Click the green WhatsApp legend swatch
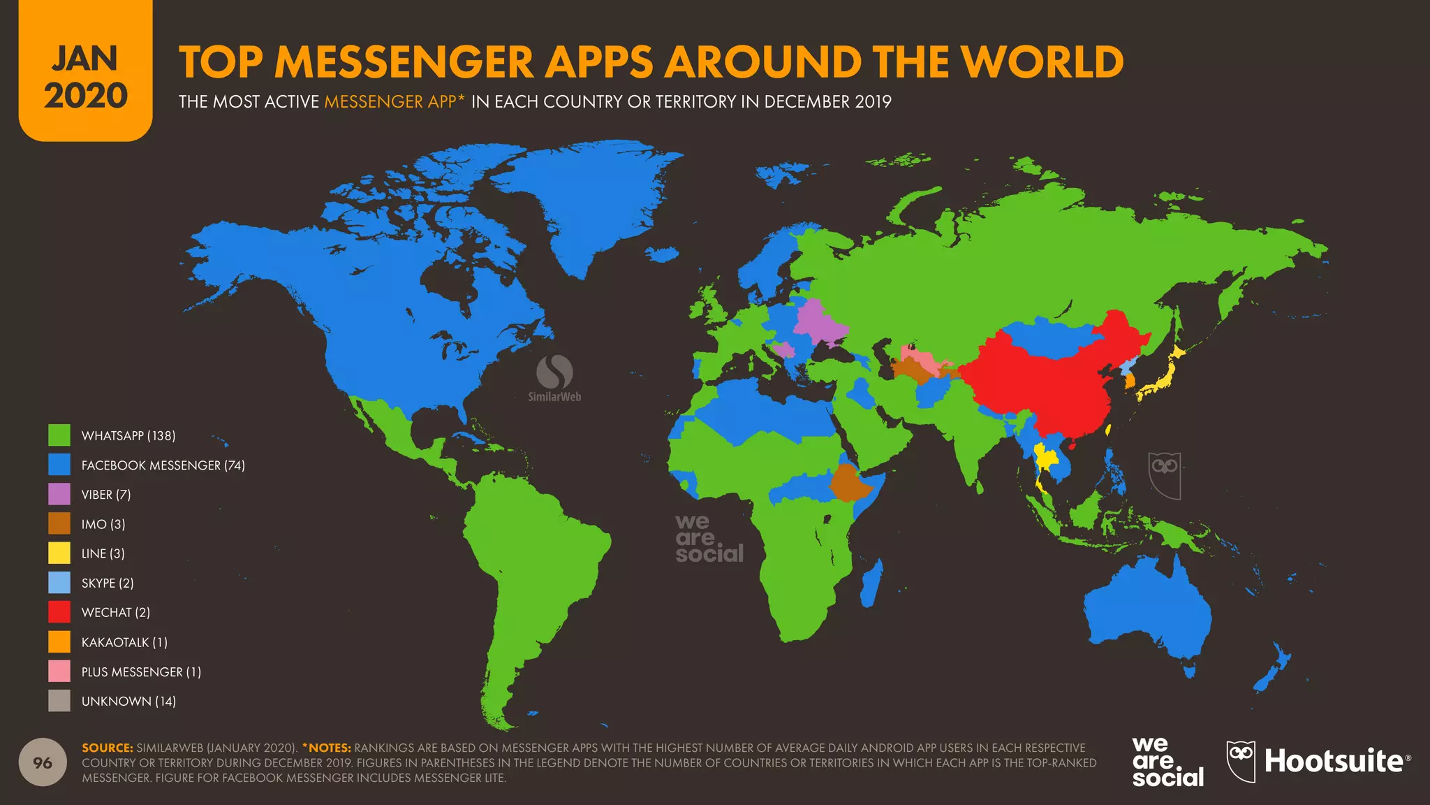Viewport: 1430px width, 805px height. point(59,435)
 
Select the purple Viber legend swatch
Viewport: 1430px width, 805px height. point(59,494)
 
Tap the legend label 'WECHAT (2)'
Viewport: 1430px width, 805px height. point(116,613)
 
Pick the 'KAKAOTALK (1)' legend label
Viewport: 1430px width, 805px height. point(124,642)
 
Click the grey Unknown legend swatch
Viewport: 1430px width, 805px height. point(59,701)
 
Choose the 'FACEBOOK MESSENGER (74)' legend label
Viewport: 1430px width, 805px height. point(163,465)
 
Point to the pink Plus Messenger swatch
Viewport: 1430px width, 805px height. point(59,672)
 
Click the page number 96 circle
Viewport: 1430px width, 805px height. point(43,762)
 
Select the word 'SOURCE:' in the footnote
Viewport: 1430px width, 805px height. point(107,748)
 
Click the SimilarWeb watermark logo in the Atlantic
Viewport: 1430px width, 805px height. point(554,377)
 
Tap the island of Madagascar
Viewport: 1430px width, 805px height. point(870,586)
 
